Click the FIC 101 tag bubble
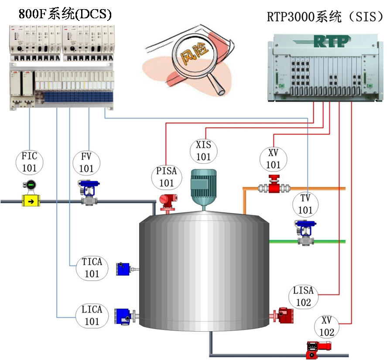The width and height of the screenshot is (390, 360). (x=30, y=162)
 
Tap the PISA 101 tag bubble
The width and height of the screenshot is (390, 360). (x=166, y=177)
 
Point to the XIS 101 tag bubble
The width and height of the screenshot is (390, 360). (x=203, y=151)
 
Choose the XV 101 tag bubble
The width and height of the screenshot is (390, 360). (x=274, y=159)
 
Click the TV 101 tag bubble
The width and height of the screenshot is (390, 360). (x=305, y=204)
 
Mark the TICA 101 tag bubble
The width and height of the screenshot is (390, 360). (x=92, y=268)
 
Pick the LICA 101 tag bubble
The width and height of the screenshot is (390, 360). (x=92, y=315)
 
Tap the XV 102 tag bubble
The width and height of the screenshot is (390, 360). (x=327, y=326)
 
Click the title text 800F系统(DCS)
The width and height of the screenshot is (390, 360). (x=65, y=14)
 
